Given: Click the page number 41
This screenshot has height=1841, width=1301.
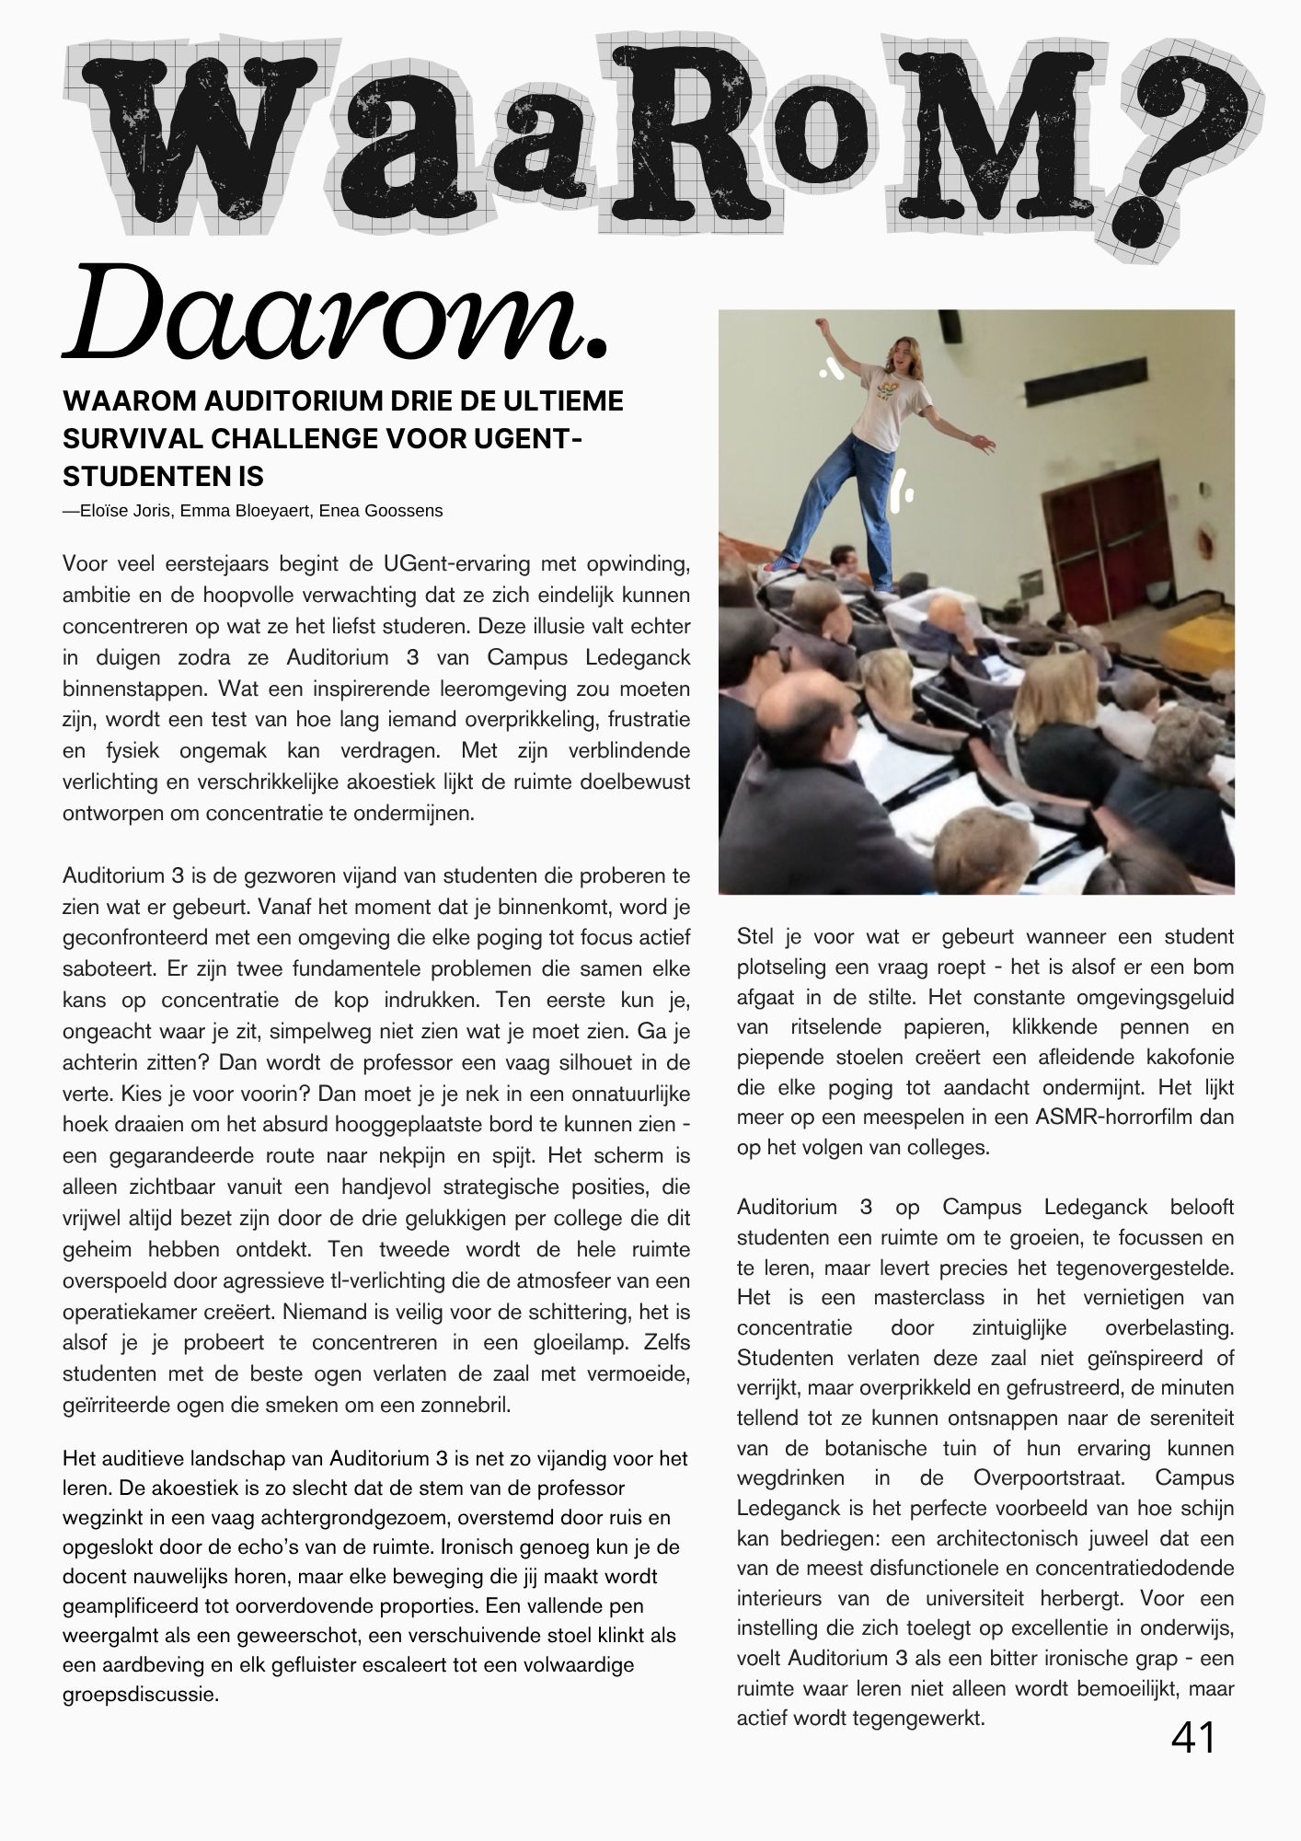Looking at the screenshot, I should pyautogui.click(x=1193, y=1738).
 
